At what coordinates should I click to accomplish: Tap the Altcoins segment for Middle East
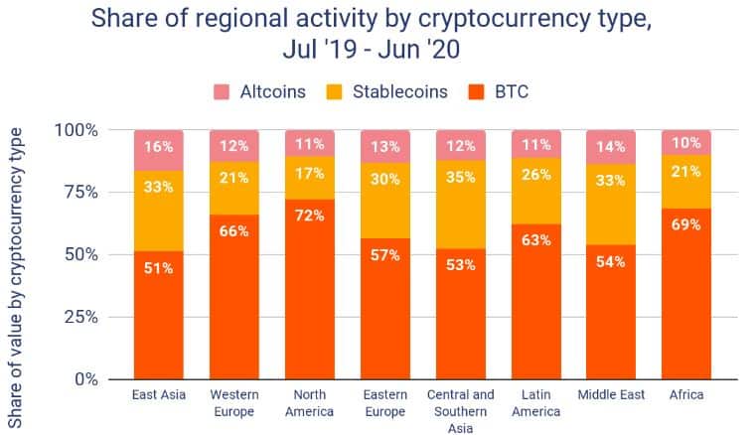pos(611,147)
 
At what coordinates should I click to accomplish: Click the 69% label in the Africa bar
pos(686,224)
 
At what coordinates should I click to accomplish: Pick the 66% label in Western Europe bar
pos(235,230)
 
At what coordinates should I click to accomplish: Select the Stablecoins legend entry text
pos(394,92)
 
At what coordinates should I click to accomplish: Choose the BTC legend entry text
pos(515,92)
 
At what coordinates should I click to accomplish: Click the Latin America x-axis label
pos(535,403)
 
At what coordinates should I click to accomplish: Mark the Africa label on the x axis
pos(686,395)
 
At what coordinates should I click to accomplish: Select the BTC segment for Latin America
pos(535,308)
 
